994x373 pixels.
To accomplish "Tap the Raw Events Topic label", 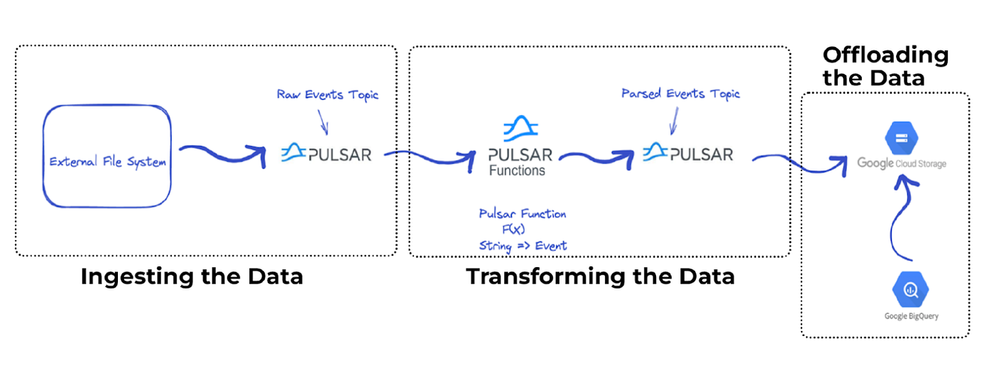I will click(x=327, y=94).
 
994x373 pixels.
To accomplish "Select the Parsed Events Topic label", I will click(x=680, y=94).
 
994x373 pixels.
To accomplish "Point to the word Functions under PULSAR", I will click(x=518, y=171).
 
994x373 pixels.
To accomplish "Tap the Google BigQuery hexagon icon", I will click(x=911, y=289).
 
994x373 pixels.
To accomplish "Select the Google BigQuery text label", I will click(x=911, y=316).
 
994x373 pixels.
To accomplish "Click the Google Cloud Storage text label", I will click(x=902, y=163).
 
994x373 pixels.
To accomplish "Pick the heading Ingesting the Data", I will click(x=192, y=276).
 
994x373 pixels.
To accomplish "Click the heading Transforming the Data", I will click(x=600, y=276).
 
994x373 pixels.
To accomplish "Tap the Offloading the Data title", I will click(x=885, y=66).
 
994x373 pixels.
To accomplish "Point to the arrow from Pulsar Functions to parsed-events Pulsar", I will click(x=600, y=155).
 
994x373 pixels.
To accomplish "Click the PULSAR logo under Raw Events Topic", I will click(x=326, y=153).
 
